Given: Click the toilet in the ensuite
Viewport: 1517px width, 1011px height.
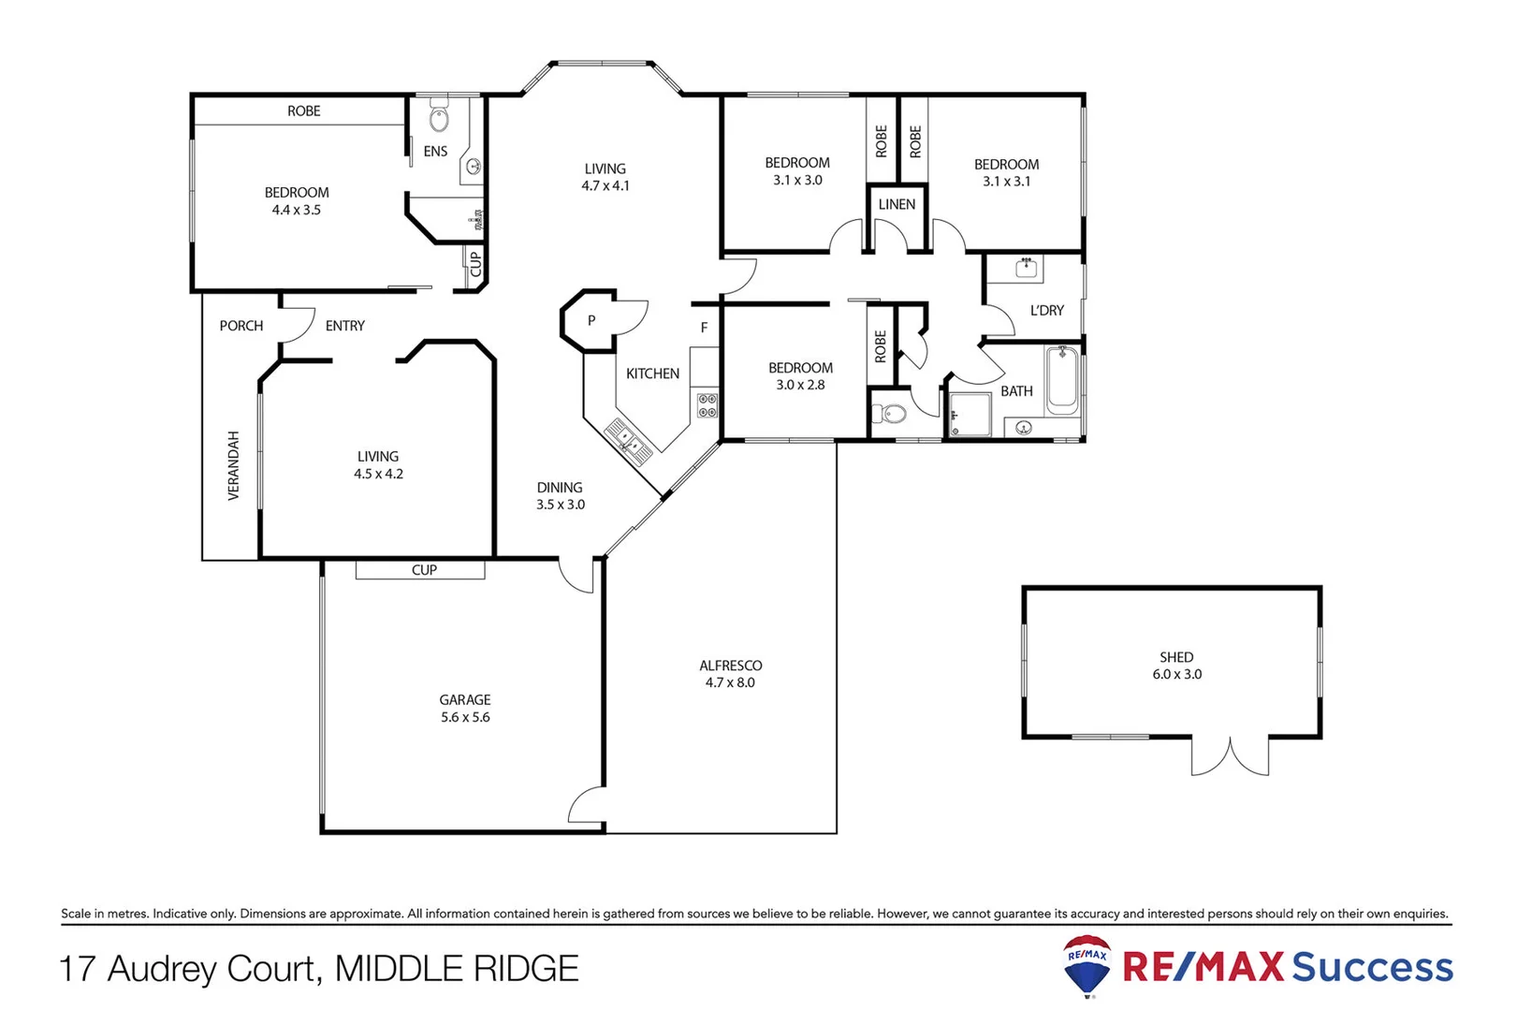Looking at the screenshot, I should [x=439, y=119].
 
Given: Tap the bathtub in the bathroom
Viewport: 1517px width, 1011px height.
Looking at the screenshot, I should [x=1061, y=380].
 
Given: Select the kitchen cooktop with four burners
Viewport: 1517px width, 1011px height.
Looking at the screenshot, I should [x=707, y=405].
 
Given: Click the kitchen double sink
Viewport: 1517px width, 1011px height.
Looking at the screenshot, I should [x=628, y=440].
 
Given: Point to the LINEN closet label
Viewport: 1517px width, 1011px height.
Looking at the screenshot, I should [x=897, y=204].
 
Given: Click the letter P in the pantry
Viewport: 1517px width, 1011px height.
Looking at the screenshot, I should [x=591, y=320].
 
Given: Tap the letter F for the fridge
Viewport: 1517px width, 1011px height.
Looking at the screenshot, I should [x=705, y=328].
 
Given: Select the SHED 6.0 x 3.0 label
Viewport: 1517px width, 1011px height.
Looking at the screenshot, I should [x=1176, y=666].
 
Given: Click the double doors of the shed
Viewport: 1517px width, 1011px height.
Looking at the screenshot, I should [x=1230, y=756].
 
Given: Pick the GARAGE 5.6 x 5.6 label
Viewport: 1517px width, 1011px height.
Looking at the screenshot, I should [x=465, y=709].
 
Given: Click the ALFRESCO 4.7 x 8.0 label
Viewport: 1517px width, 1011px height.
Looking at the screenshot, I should [x=730, y=674].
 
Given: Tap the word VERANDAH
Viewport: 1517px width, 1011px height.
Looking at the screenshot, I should [x=233, y=465].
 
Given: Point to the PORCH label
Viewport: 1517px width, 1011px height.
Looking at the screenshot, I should [x=241, y=326].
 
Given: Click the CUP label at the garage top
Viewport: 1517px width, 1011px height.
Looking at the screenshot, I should [x=424, y=570].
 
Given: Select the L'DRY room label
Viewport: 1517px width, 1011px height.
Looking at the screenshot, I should [x=1046, y=310].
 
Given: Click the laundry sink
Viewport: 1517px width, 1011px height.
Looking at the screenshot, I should [x=1027, y=268].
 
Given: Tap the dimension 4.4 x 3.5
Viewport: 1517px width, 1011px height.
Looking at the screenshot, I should [x=296, y=210].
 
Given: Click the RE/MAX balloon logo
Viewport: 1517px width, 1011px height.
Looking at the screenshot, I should [x=1087, y=965].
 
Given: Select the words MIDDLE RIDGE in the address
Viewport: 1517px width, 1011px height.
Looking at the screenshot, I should [x=457, y=969].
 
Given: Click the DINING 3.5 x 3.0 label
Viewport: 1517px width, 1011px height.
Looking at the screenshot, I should [x=560, y=496].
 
